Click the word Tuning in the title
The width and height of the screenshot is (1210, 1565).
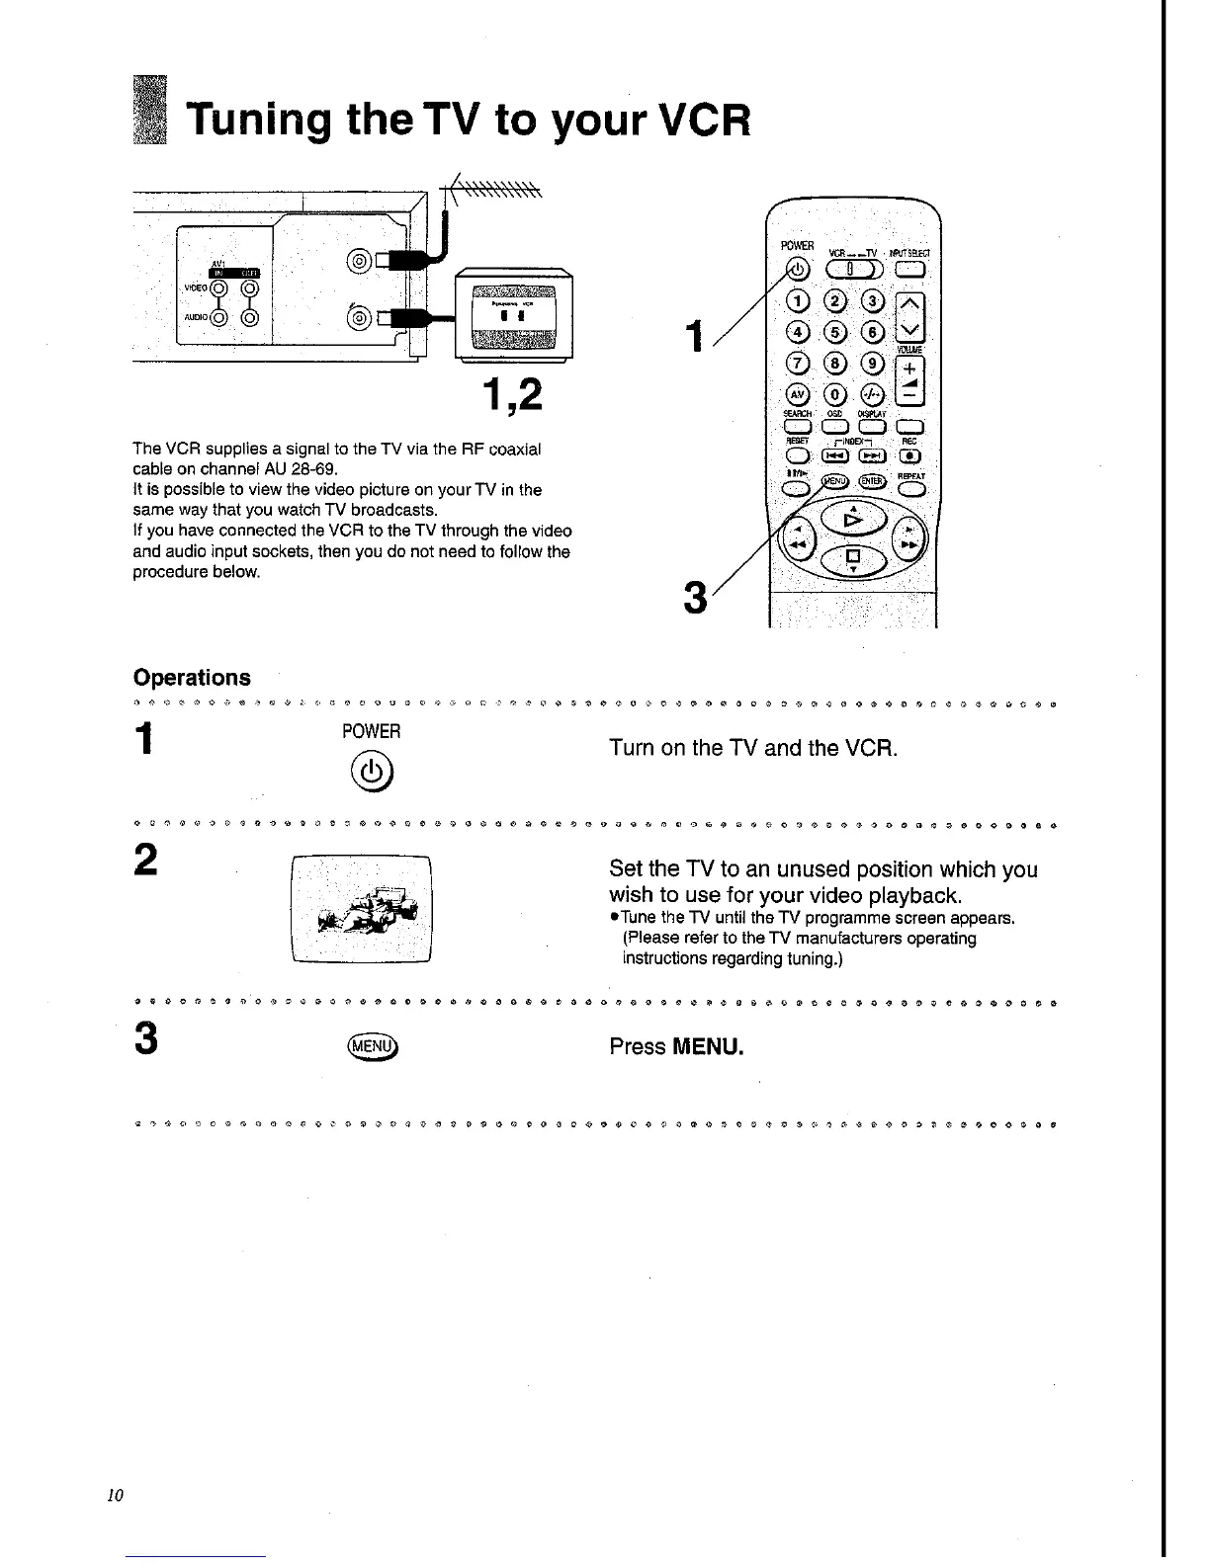click(259, 122)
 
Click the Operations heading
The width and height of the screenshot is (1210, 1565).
click(192, 678)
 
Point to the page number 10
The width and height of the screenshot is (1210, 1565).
click(114, 1495)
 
